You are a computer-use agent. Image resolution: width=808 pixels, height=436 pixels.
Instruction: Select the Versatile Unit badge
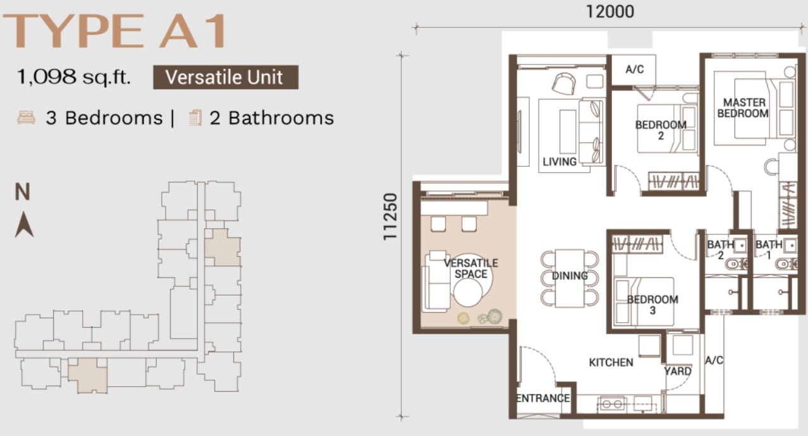tap(226, 77)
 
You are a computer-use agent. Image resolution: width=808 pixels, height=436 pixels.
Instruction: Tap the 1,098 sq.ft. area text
tap(73, 77)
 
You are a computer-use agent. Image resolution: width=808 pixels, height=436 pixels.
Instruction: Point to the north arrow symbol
tap(24, 224)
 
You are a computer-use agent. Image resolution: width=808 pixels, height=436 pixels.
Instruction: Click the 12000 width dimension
tap(610, 11)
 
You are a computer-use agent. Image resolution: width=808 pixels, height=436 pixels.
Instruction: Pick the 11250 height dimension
tap(390, 217)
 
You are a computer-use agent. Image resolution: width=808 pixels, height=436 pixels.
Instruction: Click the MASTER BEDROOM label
tap(743, 108)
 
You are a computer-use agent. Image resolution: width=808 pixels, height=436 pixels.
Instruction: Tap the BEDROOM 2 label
tap(661, 130)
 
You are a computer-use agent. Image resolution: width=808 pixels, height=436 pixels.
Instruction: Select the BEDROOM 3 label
tap(652, 305)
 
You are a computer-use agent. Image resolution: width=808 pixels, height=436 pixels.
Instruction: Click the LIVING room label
tap(560, 162)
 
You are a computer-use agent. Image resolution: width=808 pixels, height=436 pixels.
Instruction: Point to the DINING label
tap(570, 276)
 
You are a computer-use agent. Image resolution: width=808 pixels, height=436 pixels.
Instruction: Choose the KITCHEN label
tap(611, 363)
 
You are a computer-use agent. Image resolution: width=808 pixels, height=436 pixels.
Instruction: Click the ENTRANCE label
tap(543, 398)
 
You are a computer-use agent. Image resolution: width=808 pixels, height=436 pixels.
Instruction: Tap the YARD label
tap(678, 372)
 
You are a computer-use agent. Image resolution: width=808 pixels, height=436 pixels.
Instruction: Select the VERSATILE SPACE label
tap(471, 269)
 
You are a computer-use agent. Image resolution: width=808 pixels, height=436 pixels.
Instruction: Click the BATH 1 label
tap(769, 250)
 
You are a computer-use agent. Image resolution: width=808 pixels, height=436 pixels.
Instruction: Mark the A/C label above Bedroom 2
tap(635, 70)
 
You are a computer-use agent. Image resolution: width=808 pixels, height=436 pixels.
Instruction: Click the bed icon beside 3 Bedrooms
tap(27, 118)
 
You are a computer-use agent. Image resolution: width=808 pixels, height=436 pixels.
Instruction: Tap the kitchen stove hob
tap(612, 404)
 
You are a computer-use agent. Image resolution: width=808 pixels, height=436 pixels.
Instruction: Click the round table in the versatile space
tap(468, 293)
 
